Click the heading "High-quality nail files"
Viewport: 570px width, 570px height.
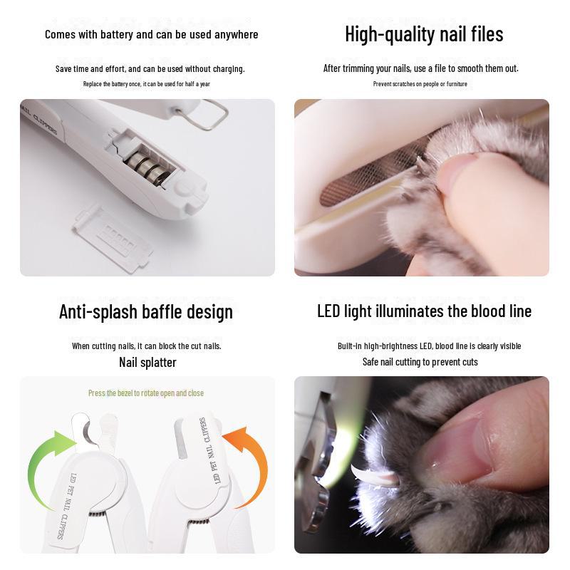424,33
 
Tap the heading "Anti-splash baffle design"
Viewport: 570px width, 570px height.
145,311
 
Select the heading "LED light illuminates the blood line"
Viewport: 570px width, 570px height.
424,311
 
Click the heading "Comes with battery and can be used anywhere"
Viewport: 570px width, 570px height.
151,34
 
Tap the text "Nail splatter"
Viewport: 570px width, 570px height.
147,362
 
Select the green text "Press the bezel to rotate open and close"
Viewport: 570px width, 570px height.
145,393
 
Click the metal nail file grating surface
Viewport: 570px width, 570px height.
370,171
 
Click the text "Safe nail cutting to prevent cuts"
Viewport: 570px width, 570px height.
420,362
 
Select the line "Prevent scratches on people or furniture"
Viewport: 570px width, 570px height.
420,84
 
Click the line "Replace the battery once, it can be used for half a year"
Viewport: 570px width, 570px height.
147,84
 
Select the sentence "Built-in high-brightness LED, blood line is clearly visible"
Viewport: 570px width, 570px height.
429,346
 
